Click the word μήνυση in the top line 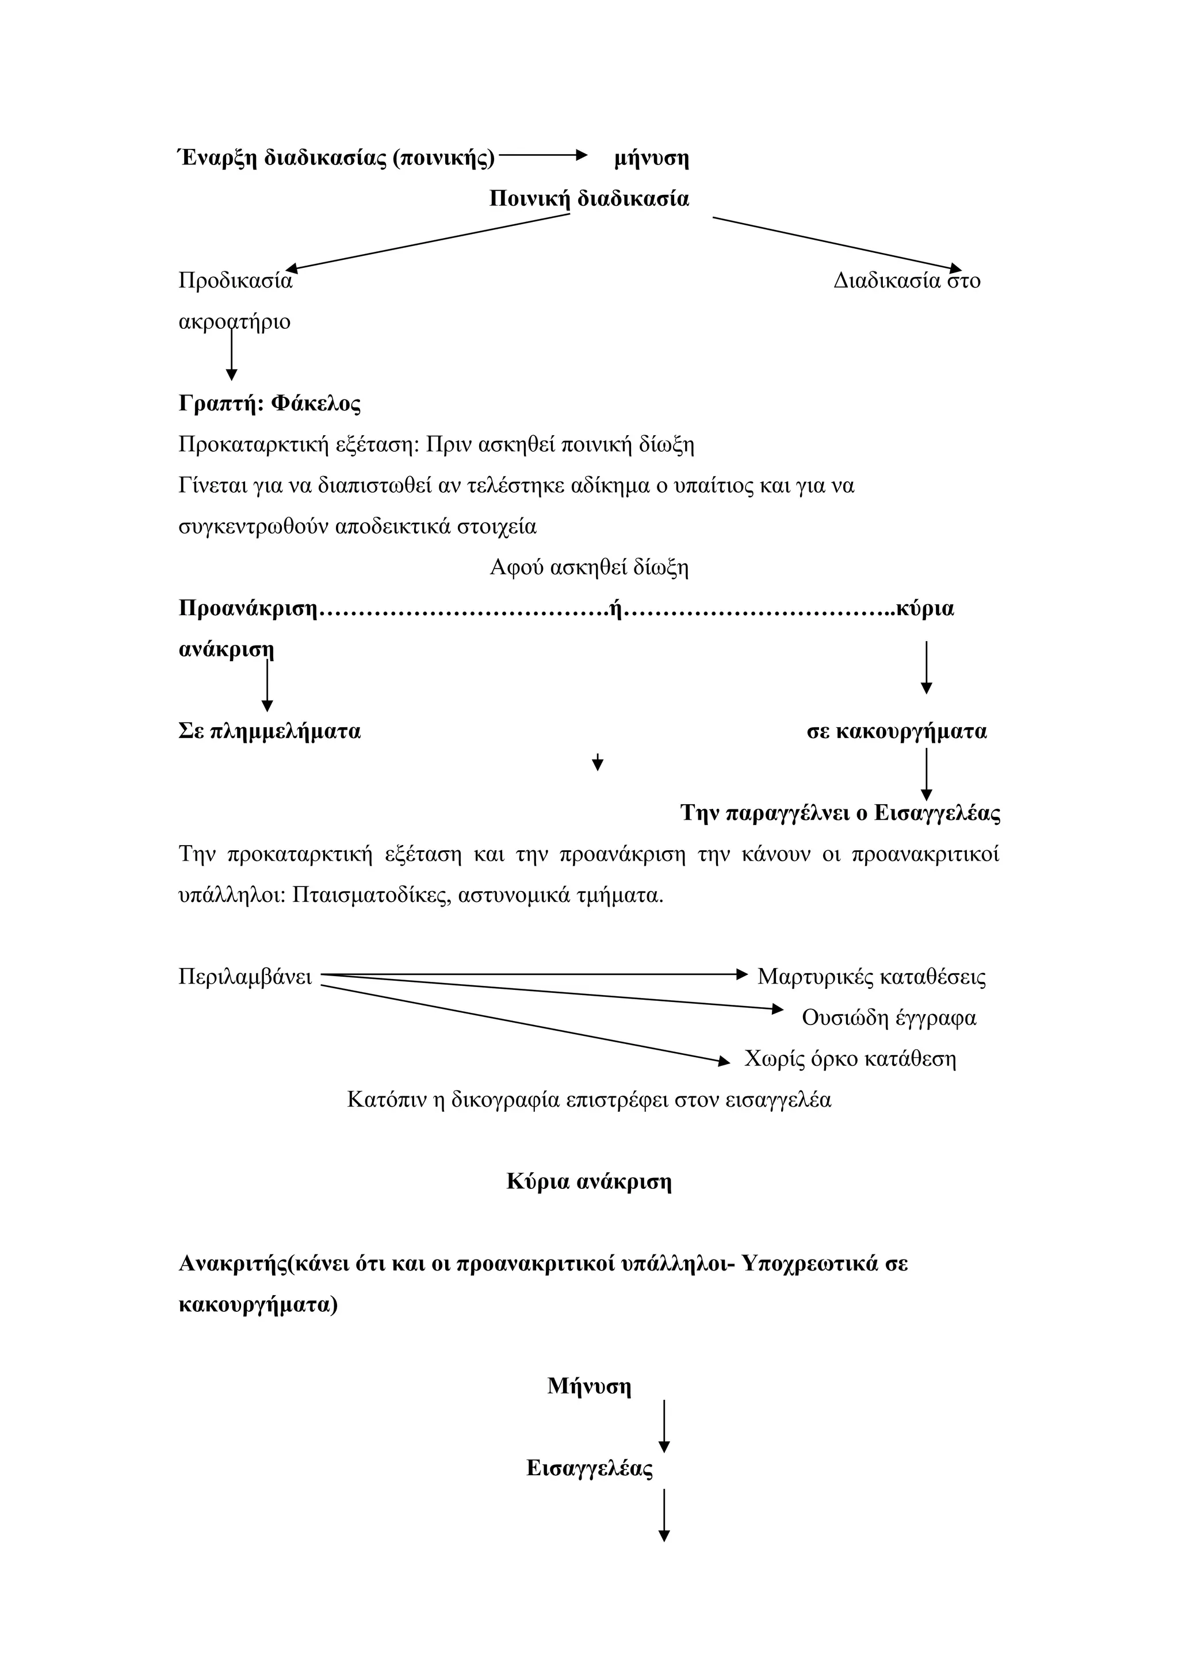point(651,158)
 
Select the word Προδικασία point(235,281)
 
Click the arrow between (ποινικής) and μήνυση point(542,155)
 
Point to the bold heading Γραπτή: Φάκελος point(269,404)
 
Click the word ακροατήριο point(235,321)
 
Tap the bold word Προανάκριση point(248,608)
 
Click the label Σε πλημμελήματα point(269,731)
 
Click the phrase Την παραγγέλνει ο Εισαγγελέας point(840,813)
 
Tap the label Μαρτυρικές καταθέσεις point(871,977)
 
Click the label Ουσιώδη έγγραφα point(889,1018)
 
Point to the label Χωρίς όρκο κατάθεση point(850,1059)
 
